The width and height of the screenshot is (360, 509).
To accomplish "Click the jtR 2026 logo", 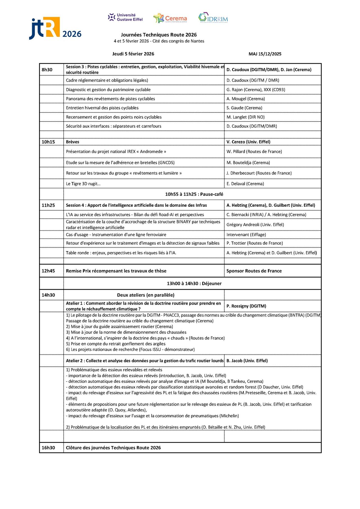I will coord(55,29).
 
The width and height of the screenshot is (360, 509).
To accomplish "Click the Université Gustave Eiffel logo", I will coord(125,17).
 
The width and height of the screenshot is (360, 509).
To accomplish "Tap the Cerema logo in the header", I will coord(170,18).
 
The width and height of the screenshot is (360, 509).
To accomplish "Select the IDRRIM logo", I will coord(213,18).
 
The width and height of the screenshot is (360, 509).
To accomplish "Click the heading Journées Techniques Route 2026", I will coord(159,35).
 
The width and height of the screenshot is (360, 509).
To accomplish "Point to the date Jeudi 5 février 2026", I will coord(133,54).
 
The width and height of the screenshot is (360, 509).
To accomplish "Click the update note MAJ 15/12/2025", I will coord(265,54).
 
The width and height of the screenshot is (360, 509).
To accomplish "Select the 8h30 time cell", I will coord(47,70).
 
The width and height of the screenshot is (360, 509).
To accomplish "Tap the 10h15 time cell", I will coord(48,142).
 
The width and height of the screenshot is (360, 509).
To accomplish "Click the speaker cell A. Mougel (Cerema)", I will coord(246,99).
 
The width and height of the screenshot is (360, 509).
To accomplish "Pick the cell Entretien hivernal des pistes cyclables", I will coord(102,108).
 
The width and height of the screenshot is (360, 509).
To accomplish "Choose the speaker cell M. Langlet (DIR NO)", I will coord(245,117).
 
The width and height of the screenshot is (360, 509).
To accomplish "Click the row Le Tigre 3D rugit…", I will coord(83,184).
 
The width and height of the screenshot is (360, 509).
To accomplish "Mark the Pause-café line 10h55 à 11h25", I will coord(194,194).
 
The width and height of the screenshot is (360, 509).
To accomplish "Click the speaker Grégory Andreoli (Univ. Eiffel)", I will coord(255,225).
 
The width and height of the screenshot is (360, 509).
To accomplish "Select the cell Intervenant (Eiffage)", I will coord(246,235).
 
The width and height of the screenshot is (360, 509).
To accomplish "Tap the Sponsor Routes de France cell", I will coord(254,271).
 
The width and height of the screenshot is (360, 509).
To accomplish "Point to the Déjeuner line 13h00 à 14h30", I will coord(194,283).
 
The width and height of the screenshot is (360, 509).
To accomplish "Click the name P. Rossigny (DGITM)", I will coord(246,306).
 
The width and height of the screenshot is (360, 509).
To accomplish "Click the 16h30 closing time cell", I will coord(48,448).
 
